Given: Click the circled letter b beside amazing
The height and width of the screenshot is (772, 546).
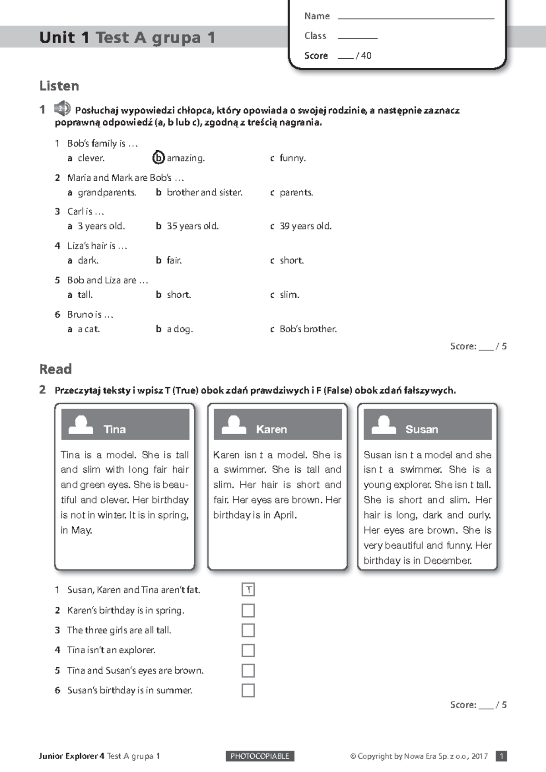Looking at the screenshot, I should pos(158,157).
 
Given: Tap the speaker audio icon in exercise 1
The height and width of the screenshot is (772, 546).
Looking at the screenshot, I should pos(62,109).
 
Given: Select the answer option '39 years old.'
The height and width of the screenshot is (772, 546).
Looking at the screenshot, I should pos(305,226).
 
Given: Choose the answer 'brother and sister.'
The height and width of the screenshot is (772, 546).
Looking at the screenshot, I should pos(204,192).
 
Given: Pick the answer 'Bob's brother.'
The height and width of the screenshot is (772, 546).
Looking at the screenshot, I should pos(308,329).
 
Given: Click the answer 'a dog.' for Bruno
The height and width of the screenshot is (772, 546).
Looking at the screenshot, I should pos(179,329).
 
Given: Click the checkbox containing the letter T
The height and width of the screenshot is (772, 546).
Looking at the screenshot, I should pos(248,590).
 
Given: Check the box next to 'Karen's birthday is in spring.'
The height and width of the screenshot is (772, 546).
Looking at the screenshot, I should pos(248,610).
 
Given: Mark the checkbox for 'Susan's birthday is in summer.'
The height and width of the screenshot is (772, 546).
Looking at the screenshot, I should pos(248,690).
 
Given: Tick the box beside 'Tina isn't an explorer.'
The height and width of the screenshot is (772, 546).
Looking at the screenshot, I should pos(248,650).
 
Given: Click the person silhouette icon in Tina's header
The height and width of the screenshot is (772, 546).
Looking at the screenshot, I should pos(81,425).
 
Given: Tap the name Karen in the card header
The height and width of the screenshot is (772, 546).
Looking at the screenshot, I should pos(271,429).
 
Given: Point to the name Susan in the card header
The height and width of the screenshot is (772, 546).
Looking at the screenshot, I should pos(421,429).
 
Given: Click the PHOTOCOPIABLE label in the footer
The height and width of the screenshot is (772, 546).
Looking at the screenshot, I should pos(260,756).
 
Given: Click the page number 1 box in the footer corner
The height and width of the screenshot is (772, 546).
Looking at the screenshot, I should pos(501,756).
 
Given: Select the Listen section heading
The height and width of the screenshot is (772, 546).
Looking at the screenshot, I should pos(59,86).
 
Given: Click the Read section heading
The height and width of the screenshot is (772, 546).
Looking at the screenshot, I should pos(56,369).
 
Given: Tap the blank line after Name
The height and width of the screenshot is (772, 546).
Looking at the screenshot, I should pos(416,16).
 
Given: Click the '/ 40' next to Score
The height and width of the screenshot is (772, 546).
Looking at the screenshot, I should pos(364,56).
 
